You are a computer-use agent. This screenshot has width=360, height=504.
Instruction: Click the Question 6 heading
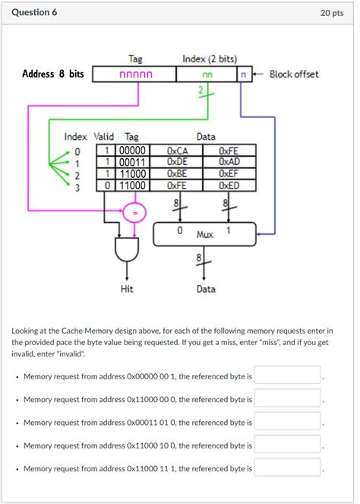pyautogui.click(x=34, y=13)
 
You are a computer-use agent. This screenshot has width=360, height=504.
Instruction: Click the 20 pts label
pyautogui.click(x=335, y=14)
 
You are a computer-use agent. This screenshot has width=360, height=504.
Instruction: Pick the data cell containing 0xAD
pyautogui.click(x=229, y=161)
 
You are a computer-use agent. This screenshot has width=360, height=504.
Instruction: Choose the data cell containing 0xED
pyautogui.click(x=229, y=184)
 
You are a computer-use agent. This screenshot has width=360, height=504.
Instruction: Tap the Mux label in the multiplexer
pyautogui.click(x=205, y=235)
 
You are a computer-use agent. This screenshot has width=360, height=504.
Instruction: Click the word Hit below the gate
pyautogui.click(x=128, y=289)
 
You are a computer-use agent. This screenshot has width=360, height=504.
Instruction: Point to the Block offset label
pyautogui.click(x=294, y=74)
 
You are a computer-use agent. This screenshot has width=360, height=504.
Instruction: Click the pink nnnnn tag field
pyautogui.click(x=135, y=74)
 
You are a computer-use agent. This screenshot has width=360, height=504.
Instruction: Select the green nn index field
pyautogui.click(x=207, y=74)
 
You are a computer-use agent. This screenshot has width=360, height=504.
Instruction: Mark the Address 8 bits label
pyautogui.click(x=53, y=74)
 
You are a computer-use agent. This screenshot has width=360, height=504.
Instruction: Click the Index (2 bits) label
pyautogui.click(x=210, y=59)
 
